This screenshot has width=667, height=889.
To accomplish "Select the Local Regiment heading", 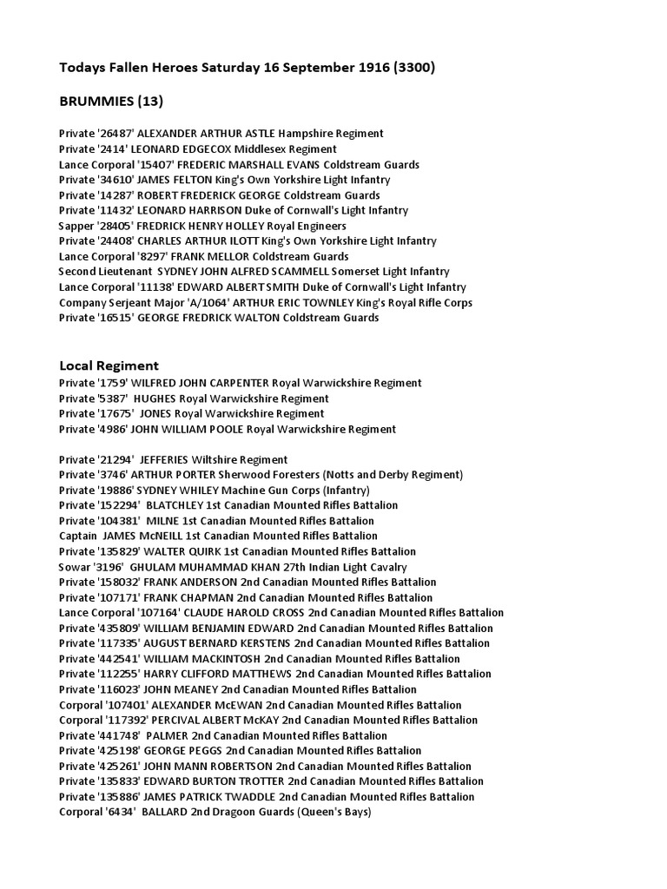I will (109, 365).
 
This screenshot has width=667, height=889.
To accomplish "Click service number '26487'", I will (115, 134).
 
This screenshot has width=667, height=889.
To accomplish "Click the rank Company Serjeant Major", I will (117, 302).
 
